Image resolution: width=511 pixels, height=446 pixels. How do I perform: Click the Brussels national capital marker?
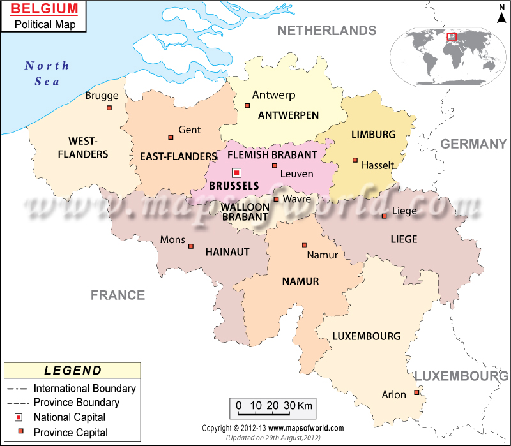[237, 172]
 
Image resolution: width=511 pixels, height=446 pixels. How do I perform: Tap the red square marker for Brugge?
[109, 108]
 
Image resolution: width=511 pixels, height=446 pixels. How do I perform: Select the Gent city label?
[190, 130]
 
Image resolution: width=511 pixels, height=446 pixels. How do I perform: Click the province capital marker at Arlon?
[416, 392]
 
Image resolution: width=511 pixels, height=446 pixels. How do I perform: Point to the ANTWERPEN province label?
[288, 115]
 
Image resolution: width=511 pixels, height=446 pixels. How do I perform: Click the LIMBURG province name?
[374, 135]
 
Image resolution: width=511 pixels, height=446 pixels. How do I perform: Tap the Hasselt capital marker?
[355, 160]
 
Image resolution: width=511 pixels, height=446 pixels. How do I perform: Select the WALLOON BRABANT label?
[245, 212]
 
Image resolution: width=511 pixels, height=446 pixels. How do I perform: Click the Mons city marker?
[190, 246]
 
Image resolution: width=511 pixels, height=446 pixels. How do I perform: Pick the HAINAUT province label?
[227, 252]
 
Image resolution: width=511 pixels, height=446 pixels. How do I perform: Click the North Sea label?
[47, 73]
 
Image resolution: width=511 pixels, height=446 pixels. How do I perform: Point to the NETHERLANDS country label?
[326, 31]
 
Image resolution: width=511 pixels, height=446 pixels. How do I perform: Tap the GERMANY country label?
[473, 144]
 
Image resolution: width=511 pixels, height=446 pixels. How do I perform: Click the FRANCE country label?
[118, 295]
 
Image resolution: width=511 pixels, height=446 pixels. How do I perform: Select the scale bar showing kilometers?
[271, 406]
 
